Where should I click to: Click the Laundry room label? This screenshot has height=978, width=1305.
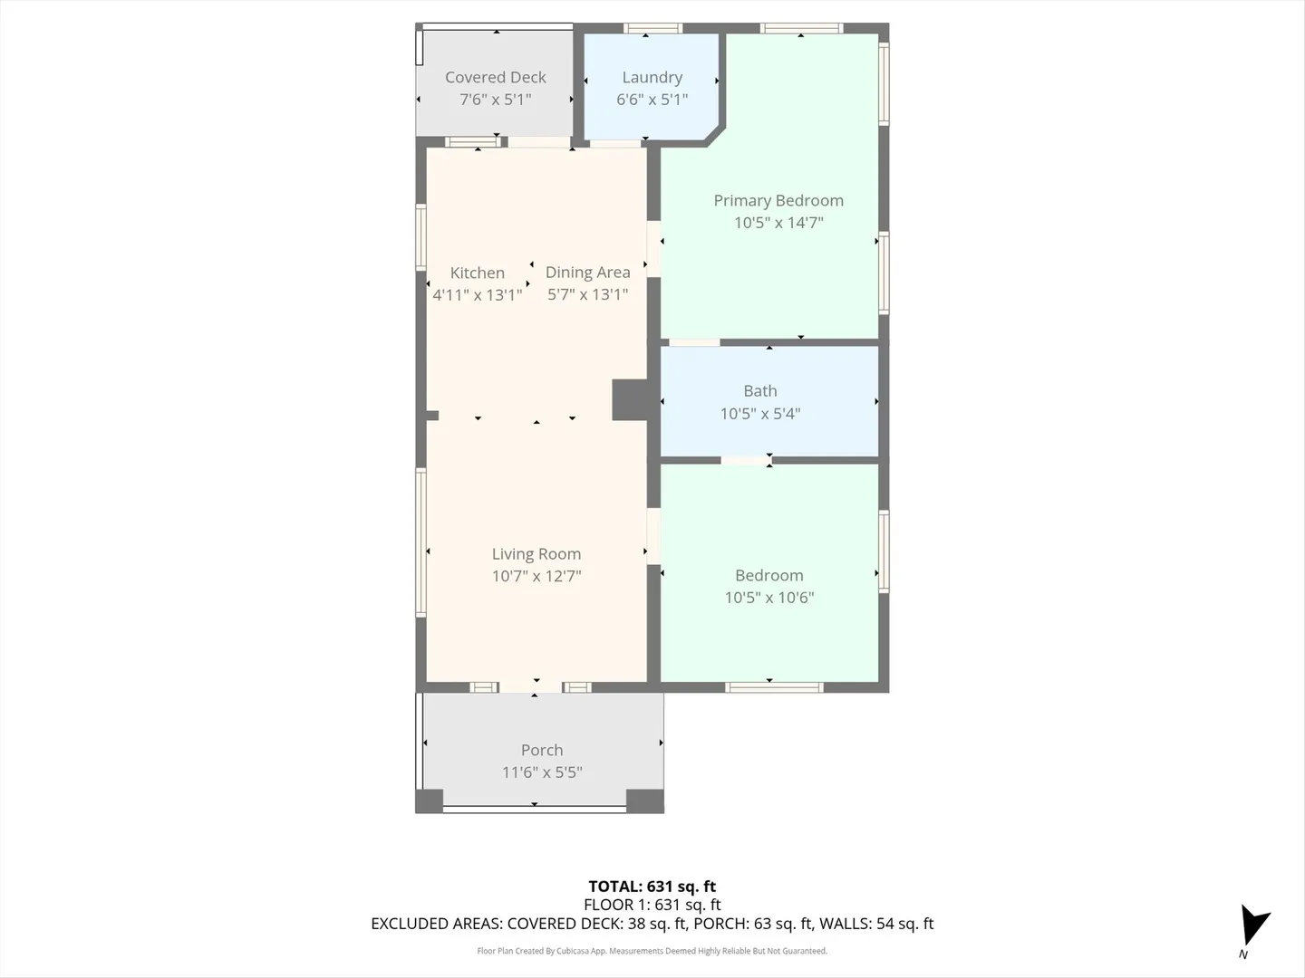click(x=652, y=77)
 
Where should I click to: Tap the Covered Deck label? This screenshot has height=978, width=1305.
click(x=495, y=77)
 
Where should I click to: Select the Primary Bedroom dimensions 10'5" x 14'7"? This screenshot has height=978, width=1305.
click(x=778, y=223)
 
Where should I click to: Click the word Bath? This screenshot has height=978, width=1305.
click(x=759, y=390)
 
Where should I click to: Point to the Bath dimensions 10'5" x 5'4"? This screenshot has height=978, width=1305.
click(x=759, y=413)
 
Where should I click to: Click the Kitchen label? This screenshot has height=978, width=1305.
click(x=477, y=273)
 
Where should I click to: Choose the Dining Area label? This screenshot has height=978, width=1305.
click(x=587, y=273)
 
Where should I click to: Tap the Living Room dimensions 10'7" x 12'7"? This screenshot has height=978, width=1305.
click(x=536, y=576)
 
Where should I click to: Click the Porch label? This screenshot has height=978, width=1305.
click(x=542, y=750)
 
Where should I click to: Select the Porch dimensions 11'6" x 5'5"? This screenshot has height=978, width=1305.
click(x=542, y=772)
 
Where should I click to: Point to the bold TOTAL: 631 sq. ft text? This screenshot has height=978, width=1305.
click(x=652, y=887)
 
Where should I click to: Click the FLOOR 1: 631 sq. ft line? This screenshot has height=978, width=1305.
click(x=652, y=905)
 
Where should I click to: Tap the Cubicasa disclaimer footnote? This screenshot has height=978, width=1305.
click(x=652, y=951)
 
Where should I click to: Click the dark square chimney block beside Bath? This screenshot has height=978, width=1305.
click(x=630, y=400)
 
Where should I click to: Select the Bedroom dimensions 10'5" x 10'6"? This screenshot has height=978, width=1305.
click(x=768, y=598)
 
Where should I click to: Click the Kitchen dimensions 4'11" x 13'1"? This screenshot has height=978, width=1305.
click(x=477, y=294)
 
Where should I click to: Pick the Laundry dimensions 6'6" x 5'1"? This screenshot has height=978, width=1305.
click(x=652, y=100)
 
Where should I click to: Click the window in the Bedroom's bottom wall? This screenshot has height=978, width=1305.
click(x=774, y=687)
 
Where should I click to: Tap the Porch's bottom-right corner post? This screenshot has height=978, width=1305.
click(x=645, y=801)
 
